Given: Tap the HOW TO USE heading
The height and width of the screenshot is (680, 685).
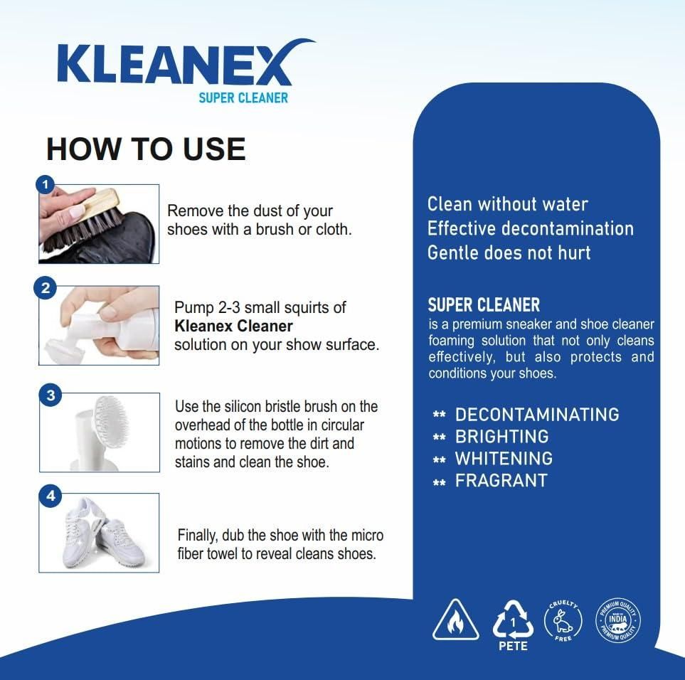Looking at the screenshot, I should click(x=146, y=149).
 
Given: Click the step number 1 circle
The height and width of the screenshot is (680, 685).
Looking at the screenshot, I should click(x=46, y=185).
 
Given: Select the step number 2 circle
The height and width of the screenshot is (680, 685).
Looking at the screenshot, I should click(x=46, y=289).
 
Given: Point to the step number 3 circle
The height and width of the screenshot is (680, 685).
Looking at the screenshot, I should click(x=49, y=396).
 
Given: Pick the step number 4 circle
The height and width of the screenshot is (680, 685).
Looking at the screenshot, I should click(x=49, y=496).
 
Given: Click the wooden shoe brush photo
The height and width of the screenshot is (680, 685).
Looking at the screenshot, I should click(x=99, y=224).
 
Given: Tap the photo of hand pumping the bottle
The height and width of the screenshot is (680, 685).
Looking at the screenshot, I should click(x=99, y=326).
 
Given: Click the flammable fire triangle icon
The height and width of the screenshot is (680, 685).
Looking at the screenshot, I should click(x=456, y=619).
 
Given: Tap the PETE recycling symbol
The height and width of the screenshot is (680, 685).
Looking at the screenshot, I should click(x=513, y=620).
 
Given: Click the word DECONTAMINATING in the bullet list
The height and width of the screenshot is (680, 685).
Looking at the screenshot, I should click(x=537, y=414).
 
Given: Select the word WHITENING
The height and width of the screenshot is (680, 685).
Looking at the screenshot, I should click(x=504, y=458).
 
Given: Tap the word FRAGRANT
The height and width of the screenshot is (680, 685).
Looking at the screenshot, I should click(x=501, y=480).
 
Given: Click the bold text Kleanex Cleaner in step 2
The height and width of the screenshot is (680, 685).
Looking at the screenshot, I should click(x=233, y=326).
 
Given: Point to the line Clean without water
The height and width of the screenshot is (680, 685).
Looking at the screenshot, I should click(x=507, y=204).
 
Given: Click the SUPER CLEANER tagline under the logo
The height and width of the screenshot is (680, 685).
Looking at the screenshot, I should click(x=243, y=97).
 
